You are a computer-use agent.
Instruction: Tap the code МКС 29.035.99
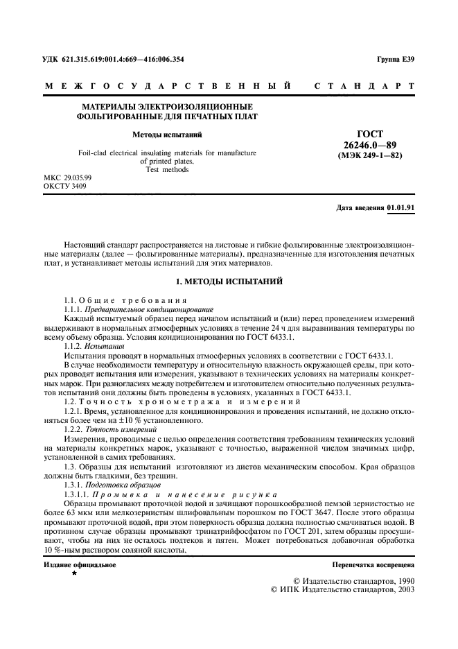pyautogui.click(x=68, y=178)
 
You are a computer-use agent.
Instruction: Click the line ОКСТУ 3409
pyautogui.click(x=65, y=186)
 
